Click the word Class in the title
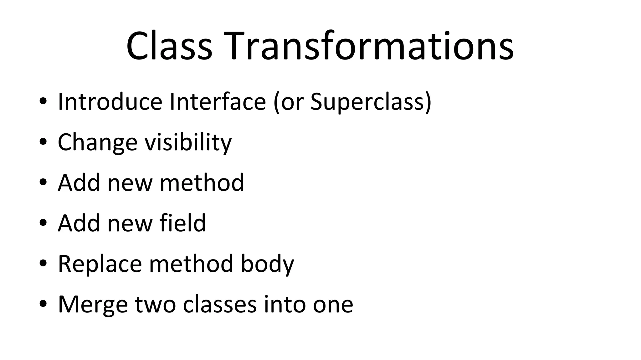[x=169, y=46]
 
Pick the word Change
[x=98, y=142]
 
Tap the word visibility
[x=188, y=142]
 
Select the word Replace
[x=100, y=264]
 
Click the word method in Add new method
[x=202, y=183]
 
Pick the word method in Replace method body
[x=191, y=264]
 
